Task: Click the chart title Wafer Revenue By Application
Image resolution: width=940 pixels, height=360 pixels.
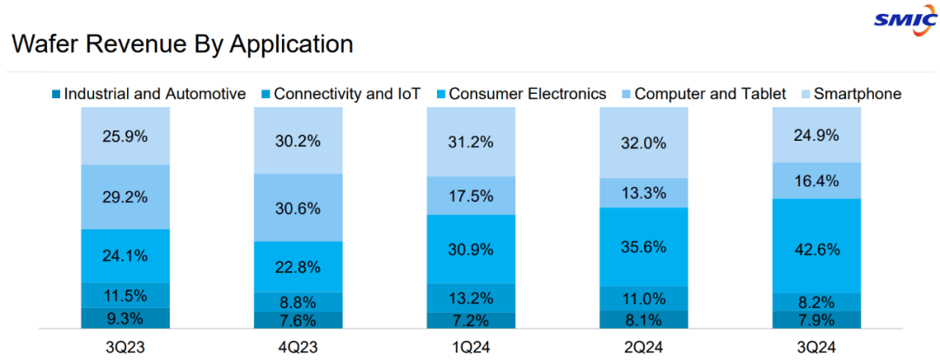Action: [x=182, y=44]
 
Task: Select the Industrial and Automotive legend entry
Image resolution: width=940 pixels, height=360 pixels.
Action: [x=148, y=94]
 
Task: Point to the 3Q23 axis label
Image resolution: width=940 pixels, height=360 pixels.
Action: [x=125, y=347]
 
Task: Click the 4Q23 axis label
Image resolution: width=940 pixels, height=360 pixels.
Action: [x=299, y=347]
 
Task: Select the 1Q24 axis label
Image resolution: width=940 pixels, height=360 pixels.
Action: [x=471, y=347]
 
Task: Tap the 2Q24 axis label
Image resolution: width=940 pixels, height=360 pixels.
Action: [x=644, y=347]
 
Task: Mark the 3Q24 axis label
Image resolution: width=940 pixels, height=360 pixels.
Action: [x=817, y=347]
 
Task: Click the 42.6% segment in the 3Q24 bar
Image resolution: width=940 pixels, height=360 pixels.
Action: [x=817, y=250]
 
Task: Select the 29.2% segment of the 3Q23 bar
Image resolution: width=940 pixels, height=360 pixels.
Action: [x=125, y=197]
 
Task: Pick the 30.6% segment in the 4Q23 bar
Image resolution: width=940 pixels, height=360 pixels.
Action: [x=299, y=208]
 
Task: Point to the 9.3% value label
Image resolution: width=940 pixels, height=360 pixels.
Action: [x=125, y=318]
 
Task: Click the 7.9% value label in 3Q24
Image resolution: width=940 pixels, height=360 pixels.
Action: [x=817, y=320]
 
